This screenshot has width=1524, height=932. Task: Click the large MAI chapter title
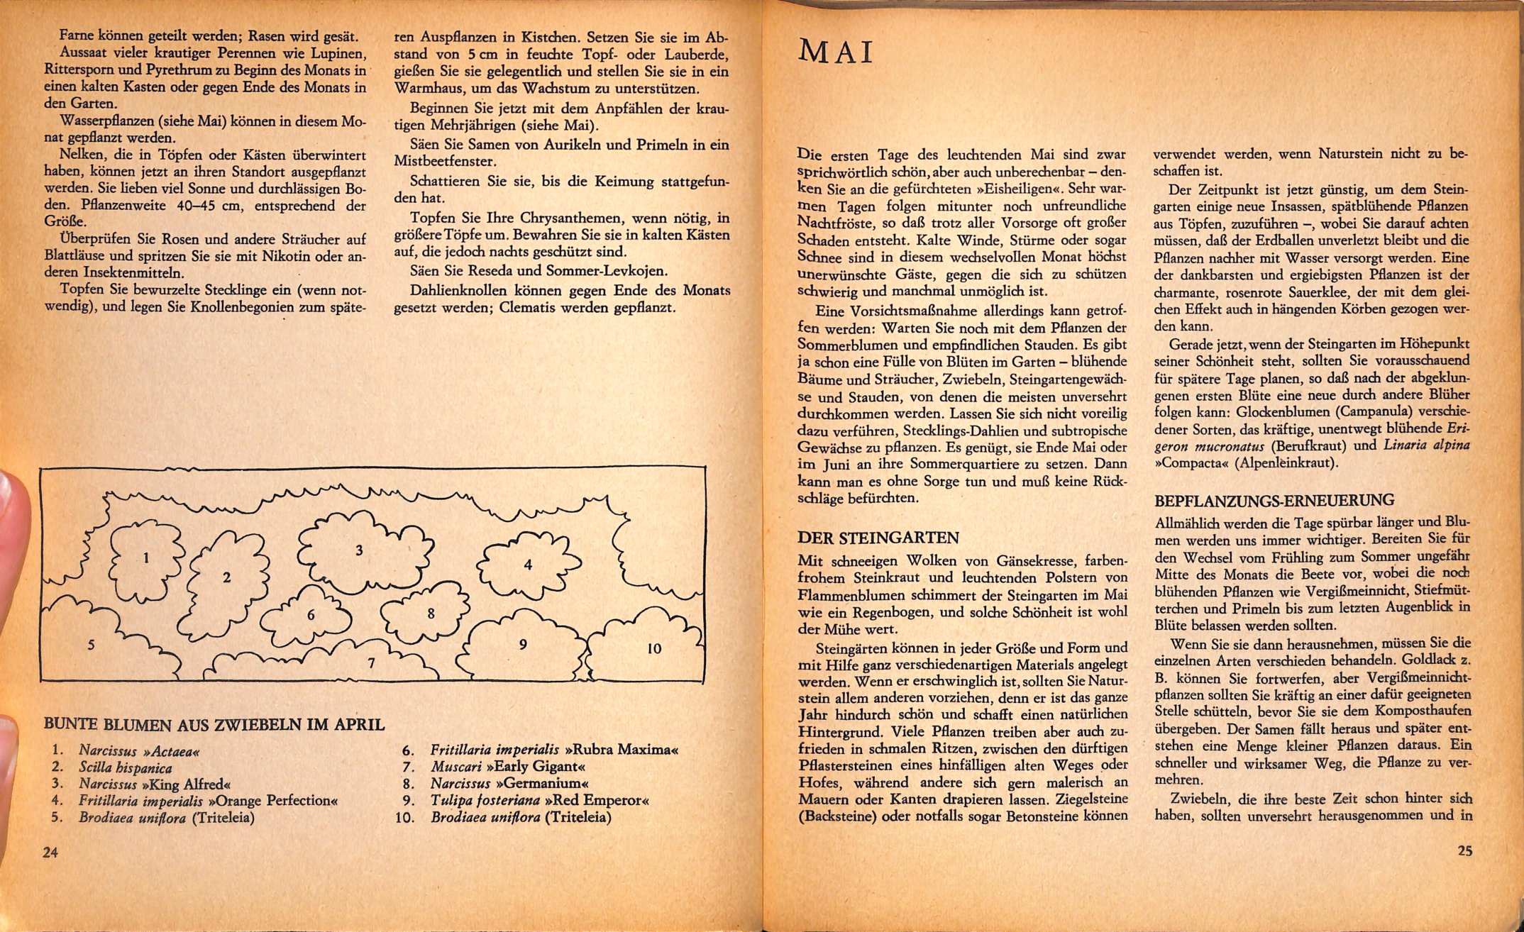(x=836, y=53)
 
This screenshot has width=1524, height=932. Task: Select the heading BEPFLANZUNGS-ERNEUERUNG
(x=1274, y=500)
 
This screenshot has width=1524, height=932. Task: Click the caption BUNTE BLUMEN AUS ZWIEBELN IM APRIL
(x=214, y=724)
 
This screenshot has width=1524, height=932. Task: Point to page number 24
(x=50, y=853)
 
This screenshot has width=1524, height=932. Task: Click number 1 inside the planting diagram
(x=146, y=557)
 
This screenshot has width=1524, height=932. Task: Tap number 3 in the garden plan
(x=359, y=550)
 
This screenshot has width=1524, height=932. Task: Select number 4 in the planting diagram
(x=528, y=565)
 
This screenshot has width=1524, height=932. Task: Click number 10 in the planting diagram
(x=654, y=648)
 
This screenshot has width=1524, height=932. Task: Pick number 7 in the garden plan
(x=371, y=663)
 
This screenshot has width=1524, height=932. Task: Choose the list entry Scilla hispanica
(x=126, y=767)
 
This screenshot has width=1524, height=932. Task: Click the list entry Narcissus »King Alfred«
(x=155, y=784)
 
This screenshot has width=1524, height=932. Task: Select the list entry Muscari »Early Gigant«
(x=508, y=767)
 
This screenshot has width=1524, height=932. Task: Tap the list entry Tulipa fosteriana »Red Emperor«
(x=539, y=800)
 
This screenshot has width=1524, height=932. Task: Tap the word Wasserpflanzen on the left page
(x=105, y=121)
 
